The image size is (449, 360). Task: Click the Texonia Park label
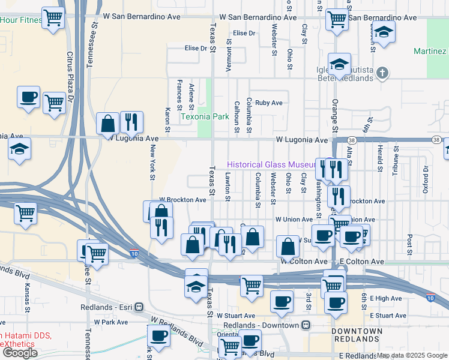pyautogui.click(x=205, y=117)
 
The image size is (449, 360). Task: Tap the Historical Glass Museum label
pyautogui.click(x=271, y=165)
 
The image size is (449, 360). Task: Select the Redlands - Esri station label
pyautogui.click(x=105, y=307)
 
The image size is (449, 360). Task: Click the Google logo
pyautogui.click(x=20, y=353)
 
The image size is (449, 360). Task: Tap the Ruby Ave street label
pyautogui.click(x=268, y=103)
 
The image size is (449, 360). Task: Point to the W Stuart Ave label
pyautogui.click(x=236, y=315)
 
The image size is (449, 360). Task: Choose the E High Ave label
pyautogui.click(x=385, y=298)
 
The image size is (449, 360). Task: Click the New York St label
pyautogui.click(x=153, y=162)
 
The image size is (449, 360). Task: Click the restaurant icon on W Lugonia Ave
pyautogui.click(x=131, y=122)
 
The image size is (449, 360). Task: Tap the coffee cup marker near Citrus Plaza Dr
pyautogui.click(x=28, y=97)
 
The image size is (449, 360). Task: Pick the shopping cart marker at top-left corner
pyautogui.click(x=53, y=18)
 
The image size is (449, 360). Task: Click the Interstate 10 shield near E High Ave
pyautogui.click(x=430, y=298)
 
